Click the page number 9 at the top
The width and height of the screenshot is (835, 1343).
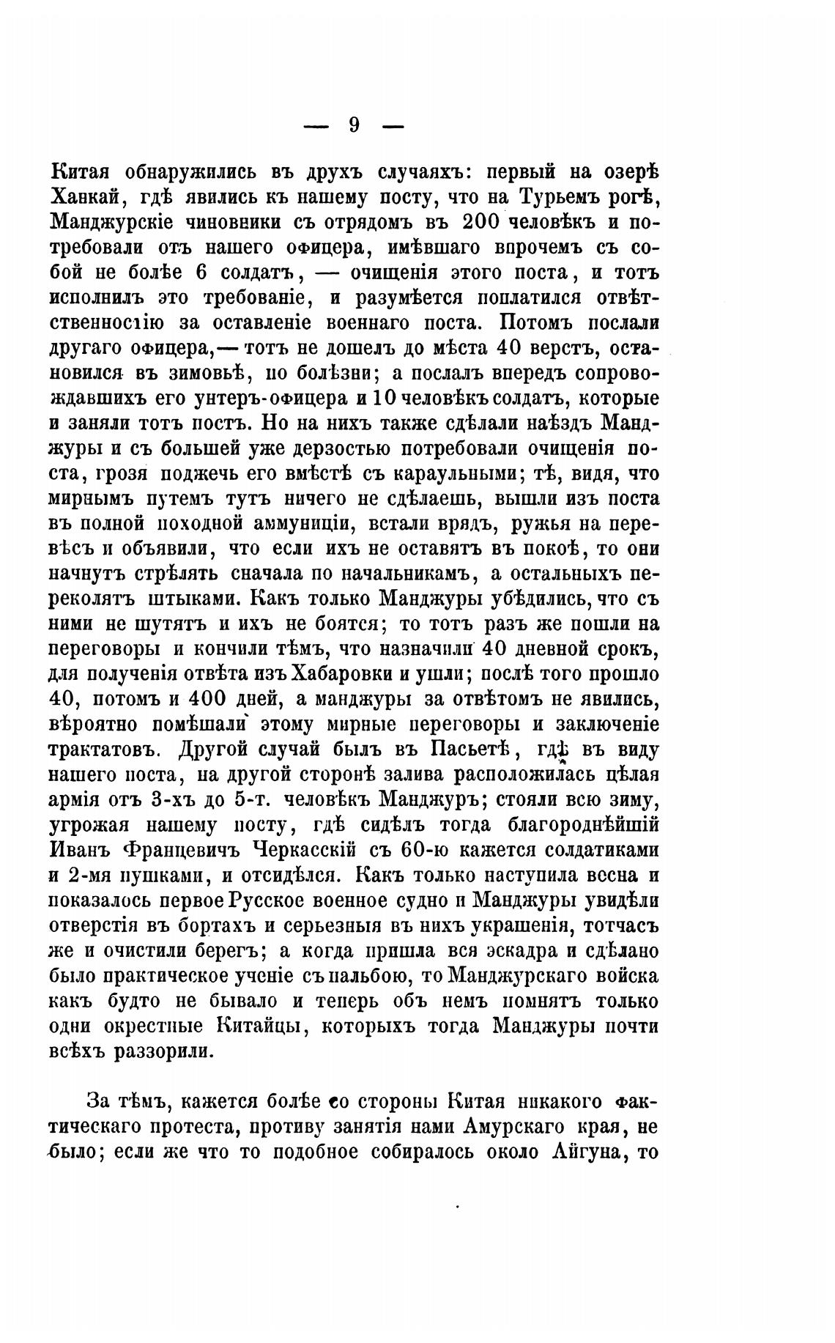[354, 125]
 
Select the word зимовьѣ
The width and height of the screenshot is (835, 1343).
[198, 373]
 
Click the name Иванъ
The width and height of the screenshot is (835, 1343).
[81, 851]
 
